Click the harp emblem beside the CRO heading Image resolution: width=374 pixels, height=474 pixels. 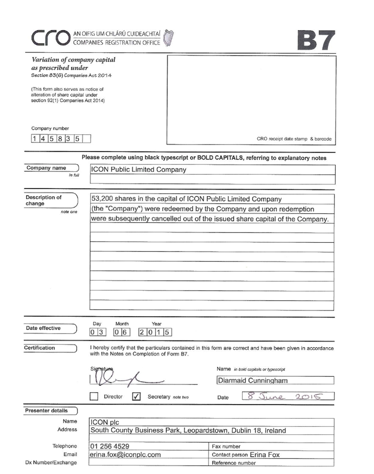tap(169, 38)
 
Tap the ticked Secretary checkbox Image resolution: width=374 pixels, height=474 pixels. tap(137, 397)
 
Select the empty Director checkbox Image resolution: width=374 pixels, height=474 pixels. tap(93, 397)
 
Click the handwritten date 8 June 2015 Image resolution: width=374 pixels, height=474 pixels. tap(286, 396)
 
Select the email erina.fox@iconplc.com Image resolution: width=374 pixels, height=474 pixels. tap(125, 454)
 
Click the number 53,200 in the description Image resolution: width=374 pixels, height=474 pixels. tap(103, 199)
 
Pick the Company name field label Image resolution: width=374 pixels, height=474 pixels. tap(46, 168)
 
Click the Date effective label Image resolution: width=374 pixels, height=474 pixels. tap(43, 328)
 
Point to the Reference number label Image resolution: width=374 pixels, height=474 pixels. tap(234, 463)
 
